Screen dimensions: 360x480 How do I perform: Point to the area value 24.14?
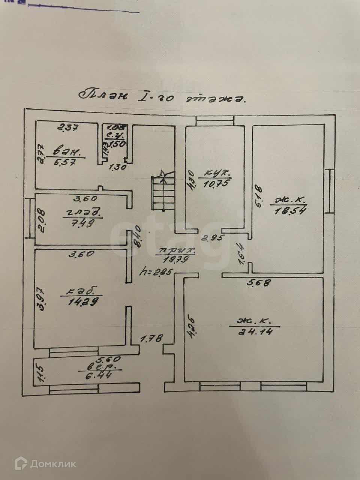point(259,331)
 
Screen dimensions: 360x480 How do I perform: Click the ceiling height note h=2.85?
point(155,271)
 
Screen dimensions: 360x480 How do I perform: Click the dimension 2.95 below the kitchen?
point(212,237)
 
